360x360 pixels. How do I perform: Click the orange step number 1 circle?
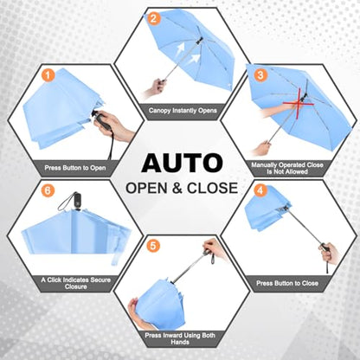48,76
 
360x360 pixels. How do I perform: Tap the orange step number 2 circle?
154,18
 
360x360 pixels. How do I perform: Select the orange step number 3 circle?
260,75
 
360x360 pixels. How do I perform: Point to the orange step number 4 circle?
260,190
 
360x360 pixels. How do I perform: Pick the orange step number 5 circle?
153,246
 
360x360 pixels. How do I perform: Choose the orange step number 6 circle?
48,190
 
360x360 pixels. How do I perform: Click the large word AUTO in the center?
182,164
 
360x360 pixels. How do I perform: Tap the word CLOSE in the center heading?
212,188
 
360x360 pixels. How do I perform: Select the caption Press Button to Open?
75,168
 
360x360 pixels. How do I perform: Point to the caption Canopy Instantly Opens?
183,111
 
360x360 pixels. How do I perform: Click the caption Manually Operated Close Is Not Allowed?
287,169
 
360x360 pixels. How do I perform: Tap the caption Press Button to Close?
287,283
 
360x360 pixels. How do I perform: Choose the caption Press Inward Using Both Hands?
180,338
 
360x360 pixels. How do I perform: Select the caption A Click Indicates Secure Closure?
76,283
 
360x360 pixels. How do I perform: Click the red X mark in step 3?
299,102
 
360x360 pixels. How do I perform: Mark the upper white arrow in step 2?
180,48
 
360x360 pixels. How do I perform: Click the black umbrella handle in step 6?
77,200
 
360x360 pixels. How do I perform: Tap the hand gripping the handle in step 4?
331,253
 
